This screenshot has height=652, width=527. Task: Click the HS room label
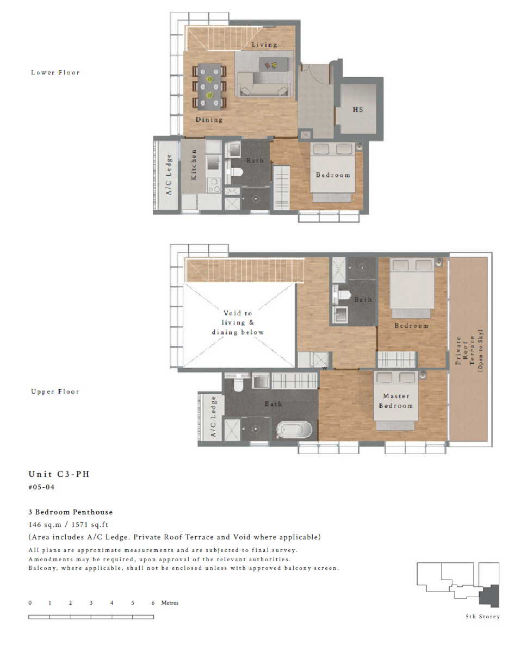[x=358, y=110]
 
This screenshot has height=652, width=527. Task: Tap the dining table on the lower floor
[x=209, y=86]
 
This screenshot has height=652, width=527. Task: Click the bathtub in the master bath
[x=294, y=430]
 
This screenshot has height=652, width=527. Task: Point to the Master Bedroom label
[x=396, y=401]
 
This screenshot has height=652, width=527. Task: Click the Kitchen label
[x=194, y=165]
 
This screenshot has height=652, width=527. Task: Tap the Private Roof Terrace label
[x=469, y=350]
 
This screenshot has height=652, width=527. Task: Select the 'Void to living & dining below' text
[x=238, y=322]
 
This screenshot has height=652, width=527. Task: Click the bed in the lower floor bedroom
[x=333, y=172]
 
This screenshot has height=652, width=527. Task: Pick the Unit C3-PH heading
[x=59, y=474]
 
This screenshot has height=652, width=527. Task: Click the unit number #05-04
[x=41, y=487]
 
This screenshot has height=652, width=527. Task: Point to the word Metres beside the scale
[x=170, y=603]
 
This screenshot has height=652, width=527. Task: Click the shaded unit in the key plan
[x=489, y=596]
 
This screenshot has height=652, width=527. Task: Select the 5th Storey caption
[x=482, y=617]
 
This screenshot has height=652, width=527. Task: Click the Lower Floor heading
[x=55, y=72]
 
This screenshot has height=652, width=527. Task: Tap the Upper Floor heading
[x=55, y=392]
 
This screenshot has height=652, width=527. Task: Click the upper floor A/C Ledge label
[x=213, y=416]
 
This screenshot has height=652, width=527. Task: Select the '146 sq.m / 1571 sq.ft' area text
[x=68, y=525]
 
